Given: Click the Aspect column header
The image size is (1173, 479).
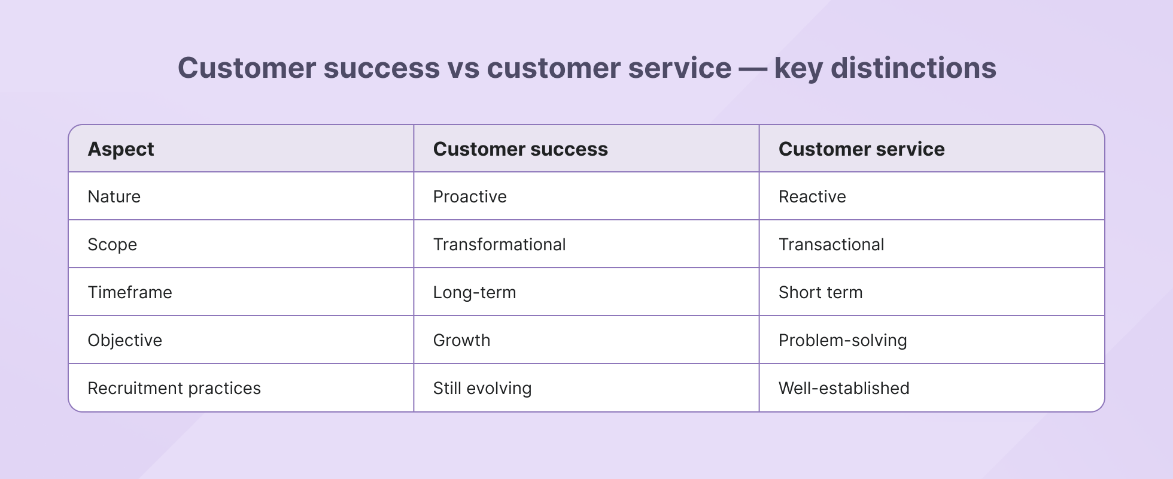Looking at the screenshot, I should click(121, 149).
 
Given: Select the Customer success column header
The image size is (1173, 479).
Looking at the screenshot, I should click(520, 149).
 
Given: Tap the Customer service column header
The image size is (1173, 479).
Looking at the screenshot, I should click(861, 149).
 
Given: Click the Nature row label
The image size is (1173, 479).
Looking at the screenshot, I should click(114, 197).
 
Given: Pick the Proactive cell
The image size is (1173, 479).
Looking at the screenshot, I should click(470, 197).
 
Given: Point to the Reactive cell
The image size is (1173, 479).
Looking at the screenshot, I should click(812, 197).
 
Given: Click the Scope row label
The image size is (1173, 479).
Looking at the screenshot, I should click(113, 245).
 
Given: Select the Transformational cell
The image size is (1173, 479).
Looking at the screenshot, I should click(499, 245).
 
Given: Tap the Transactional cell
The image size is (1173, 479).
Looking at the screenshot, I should click(831, 245).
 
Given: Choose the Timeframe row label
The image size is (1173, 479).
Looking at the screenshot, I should click(130, 293).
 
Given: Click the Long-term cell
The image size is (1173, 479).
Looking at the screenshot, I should click(475, 293).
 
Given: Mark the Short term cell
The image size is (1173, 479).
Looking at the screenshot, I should click(821, 293).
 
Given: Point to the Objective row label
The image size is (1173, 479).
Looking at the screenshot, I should click(125, 341).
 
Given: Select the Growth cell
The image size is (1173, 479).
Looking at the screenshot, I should click(461, 341).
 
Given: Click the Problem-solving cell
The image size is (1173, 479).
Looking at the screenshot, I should click(843, 341).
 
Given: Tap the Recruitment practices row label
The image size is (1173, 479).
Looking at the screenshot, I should click(174, 389).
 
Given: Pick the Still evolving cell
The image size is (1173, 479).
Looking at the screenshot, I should click(482, 389).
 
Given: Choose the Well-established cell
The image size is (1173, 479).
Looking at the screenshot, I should click(844, 389).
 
